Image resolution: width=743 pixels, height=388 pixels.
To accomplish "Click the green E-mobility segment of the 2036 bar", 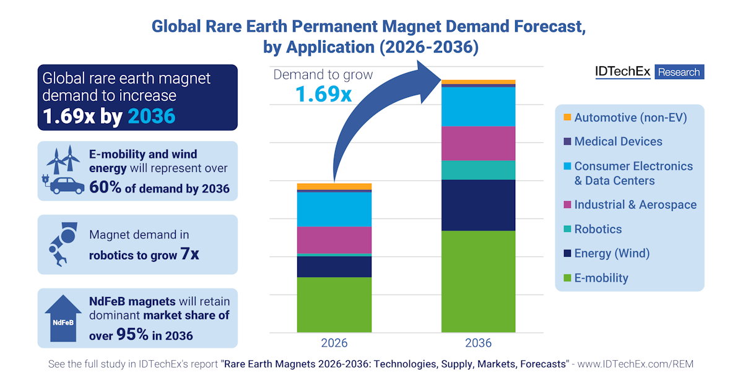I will coord(478,282).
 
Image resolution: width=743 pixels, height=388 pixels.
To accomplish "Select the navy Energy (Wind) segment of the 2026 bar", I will coord(334,267).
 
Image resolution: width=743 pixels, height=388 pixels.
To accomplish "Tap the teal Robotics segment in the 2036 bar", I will coord(478,170).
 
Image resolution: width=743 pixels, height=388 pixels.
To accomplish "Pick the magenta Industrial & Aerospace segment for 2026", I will coord(334,240).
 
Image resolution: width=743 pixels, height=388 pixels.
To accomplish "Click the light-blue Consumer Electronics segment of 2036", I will coord(478,107).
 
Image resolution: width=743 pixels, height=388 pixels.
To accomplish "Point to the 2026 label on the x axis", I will coord(334,343).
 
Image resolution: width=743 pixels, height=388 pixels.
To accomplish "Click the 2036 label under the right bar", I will coord(478,343).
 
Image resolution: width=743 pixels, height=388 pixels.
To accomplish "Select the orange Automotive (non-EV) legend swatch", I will coord(567,117).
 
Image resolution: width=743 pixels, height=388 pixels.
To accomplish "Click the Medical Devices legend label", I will coord(618,142).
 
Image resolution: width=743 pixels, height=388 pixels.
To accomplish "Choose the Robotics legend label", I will coord(597,229).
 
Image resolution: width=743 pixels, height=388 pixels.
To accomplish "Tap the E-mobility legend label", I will coord(601,278).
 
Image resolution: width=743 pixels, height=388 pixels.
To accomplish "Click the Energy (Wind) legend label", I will coord(612,254).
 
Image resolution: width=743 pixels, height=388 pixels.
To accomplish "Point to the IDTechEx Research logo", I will coord(649,72).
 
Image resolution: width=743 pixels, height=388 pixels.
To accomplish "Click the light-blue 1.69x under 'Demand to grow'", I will coord(323,94).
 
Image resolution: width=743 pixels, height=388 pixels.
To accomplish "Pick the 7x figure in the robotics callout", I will coord(190,254).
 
